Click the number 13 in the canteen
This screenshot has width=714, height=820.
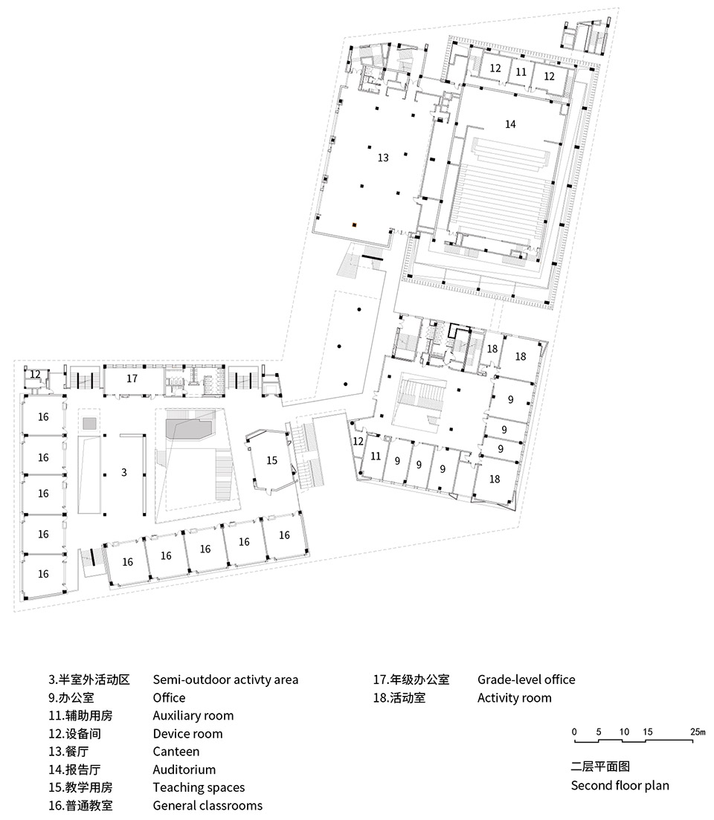pyautogui.click(x=382, y=158)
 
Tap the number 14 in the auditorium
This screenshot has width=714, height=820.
pyautogui.click(x=509, y=124)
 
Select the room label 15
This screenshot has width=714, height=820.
pyautogui.click(x=271, y=461)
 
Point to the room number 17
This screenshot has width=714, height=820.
pyautogui.click(x=132, y=378)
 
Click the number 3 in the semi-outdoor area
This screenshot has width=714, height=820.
pyautogui.click(x=124, y=473)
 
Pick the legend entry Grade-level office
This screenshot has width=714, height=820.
pyautogui.click(x=526, y=679)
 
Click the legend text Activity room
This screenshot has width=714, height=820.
pyautogui.click(x=514, y=697)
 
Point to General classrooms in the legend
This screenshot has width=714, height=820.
pyautogui.click(x=208, y=805)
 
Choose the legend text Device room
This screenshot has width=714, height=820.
pyautogui.click(x=187, y=734)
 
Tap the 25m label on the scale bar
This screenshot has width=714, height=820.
pyautogui.click(x=697, y=732)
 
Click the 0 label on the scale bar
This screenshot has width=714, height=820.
pyautogui.click(x=574, y=732)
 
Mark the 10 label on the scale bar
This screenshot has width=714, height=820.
pyautogui.click(x=624, y=732)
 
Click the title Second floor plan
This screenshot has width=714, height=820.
pyautogui.click(x=620, y=786)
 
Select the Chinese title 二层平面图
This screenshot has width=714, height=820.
pyautogui.click(x=599, y=767)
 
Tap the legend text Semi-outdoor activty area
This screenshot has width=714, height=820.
pyautogui.click(x=225, y=679)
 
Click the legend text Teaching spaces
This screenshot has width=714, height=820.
pyautogui.click(x=199, y=787)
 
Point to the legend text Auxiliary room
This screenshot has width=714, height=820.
pyautogui.click(x=193, y=716)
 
